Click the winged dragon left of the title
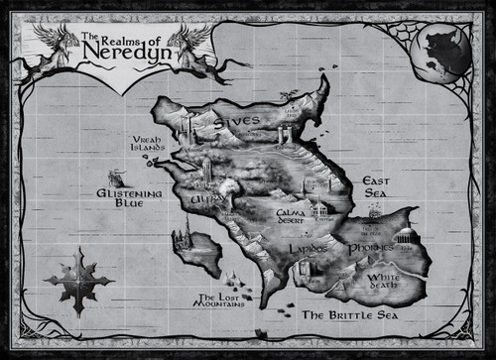click(55, 46)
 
